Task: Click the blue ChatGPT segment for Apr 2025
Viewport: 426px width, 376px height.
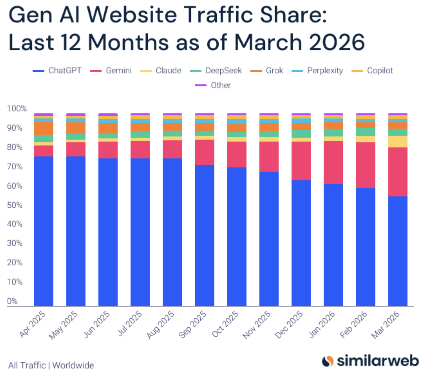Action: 44,231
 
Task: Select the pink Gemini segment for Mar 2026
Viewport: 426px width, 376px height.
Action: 398,172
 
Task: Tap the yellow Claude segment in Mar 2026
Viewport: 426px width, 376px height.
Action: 398,141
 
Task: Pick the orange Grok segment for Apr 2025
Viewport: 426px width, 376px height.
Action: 44,128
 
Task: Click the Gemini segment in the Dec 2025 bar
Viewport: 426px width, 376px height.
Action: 301,161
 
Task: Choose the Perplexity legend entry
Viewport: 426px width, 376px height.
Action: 325,70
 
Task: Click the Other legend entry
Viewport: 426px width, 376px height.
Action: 220,85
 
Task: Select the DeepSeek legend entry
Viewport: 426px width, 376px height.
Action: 223,70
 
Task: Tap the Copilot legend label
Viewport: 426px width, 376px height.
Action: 380,70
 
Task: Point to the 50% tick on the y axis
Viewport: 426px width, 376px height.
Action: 15,205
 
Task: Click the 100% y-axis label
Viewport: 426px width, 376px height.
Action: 17,109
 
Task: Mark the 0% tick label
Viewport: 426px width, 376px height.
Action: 12,301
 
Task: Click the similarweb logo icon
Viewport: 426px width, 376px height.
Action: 328,361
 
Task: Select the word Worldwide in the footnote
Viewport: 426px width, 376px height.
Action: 73,365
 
